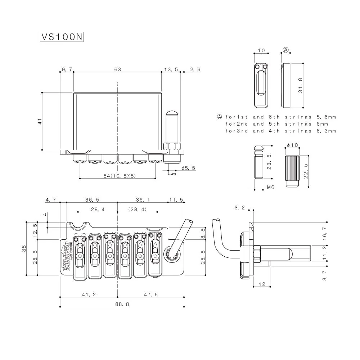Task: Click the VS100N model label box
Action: point(62,37)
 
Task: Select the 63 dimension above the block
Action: point(117,69)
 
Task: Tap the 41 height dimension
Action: point(40,121)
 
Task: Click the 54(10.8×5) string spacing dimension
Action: point(118,176)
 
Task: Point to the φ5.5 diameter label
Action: point(188,168)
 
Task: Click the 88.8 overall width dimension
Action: point(122,304)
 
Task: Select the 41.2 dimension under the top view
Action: point(89,294)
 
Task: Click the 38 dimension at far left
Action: point(24,248)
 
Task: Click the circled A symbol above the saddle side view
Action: point(286,50)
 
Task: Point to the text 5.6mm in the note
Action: point(326,117)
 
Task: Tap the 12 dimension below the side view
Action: point(262,284)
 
